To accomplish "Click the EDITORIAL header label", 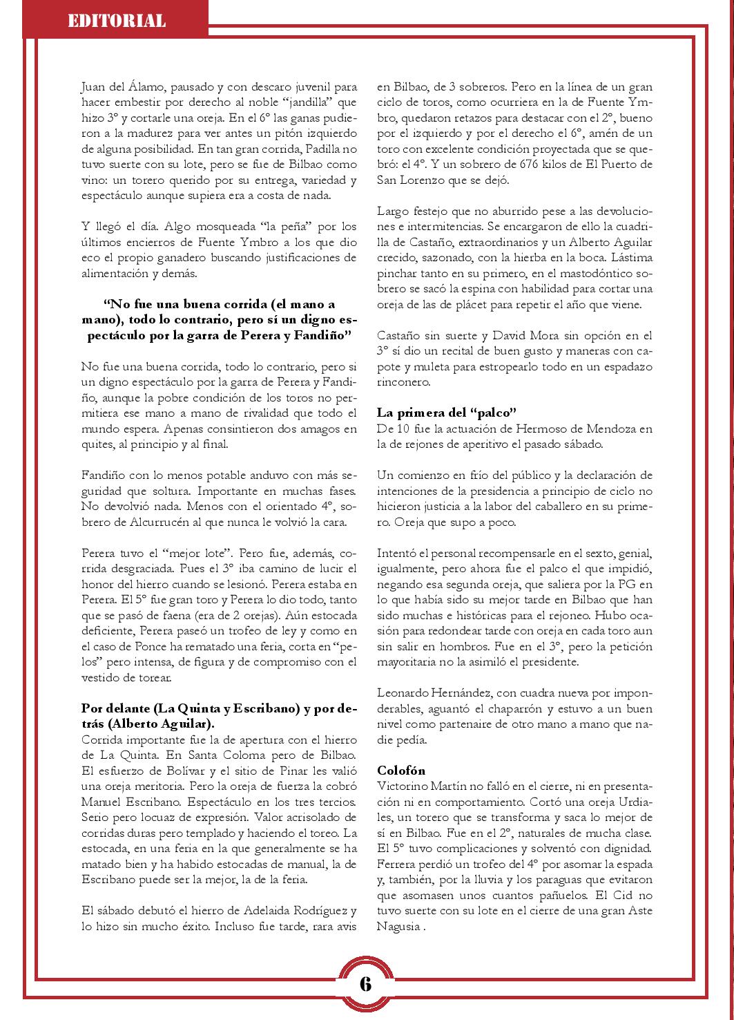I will (x=117, y=21).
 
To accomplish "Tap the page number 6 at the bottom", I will (x=365, y=983).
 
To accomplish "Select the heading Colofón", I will (x=401, y=770).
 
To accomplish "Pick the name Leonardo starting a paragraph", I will (x=403, y=692).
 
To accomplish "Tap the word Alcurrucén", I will (x=172, y=522).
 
